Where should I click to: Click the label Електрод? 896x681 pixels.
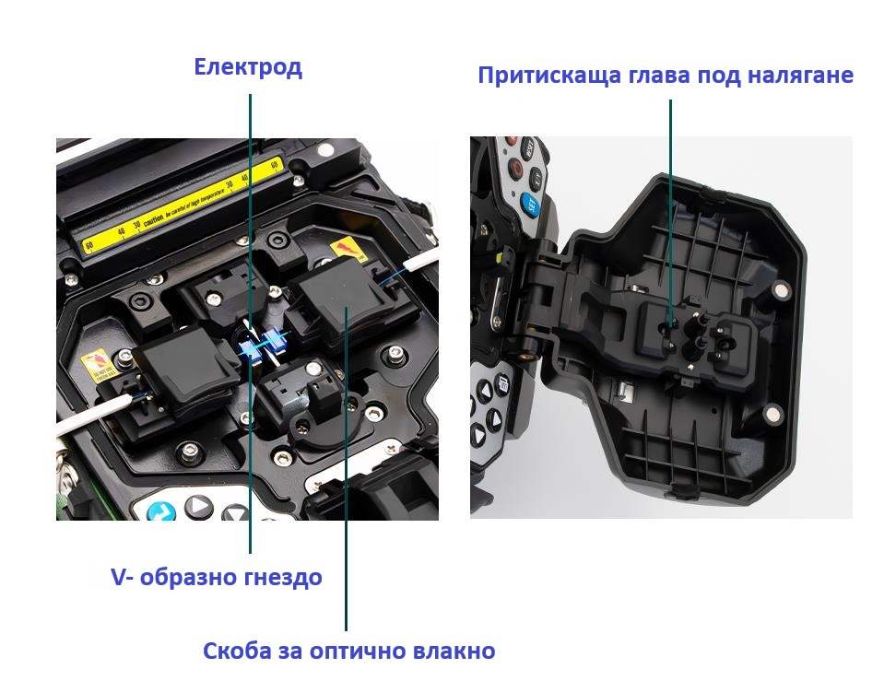247,67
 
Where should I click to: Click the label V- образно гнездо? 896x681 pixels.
217,578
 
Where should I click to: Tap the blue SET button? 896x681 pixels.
530,205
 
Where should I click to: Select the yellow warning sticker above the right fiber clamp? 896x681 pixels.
347,251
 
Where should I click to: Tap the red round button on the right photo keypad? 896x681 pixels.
517,170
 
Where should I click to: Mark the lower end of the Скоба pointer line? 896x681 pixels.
347,629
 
